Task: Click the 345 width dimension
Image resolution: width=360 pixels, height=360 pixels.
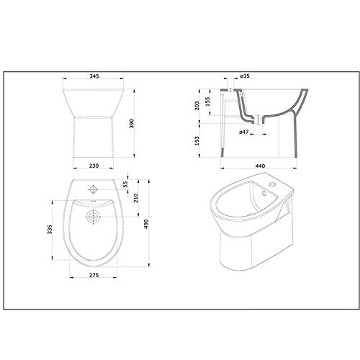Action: pyautogui.click(x=94, y=75)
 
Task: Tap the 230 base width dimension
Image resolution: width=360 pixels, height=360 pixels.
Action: pyautogui.click(x=94, y=166)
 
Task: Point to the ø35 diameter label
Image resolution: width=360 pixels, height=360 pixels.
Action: pyautogui.click(x=244, y=76)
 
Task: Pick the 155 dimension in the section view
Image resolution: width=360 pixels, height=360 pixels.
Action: pyautogui.click(x=209, y=102)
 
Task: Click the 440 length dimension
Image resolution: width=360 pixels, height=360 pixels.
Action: pyautogui.click(x=260, y=166)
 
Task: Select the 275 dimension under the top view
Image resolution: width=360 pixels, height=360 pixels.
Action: pyautogui.click(x=94, y=276)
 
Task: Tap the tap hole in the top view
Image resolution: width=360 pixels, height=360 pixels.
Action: pyautogui.click(x=94, y=189)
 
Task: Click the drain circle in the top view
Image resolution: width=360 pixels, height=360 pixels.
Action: pyautogui.click(x=94, y=215)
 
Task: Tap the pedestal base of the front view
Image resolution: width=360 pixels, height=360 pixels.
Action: pyautogui.click(x=94, y=137)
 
